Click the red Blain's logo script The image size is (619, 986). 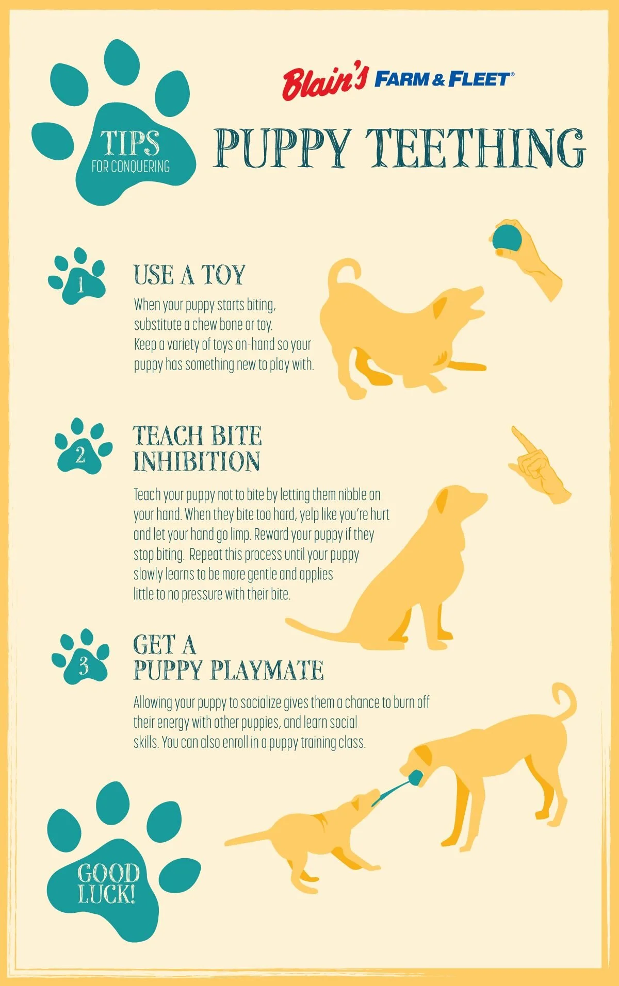pyautogui.click(x=324, y=82)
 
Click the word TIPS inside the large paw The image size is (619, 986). pyautogui.click(x=130, y=143)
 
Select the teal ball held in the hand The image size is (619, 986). pyautogui.click(x=506, y=239)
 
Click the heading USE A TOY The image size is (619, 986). pyautogui.click(x=189, y=275)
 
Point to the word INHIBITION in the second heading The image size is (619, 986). pyautogui.click(x=197, y=461)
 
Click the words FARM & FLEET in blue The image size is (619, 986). pyautogui.click(x=444, y=79)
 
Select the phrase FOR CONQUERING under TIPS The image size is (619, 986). pyautogui.click(x=131, y=166)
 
